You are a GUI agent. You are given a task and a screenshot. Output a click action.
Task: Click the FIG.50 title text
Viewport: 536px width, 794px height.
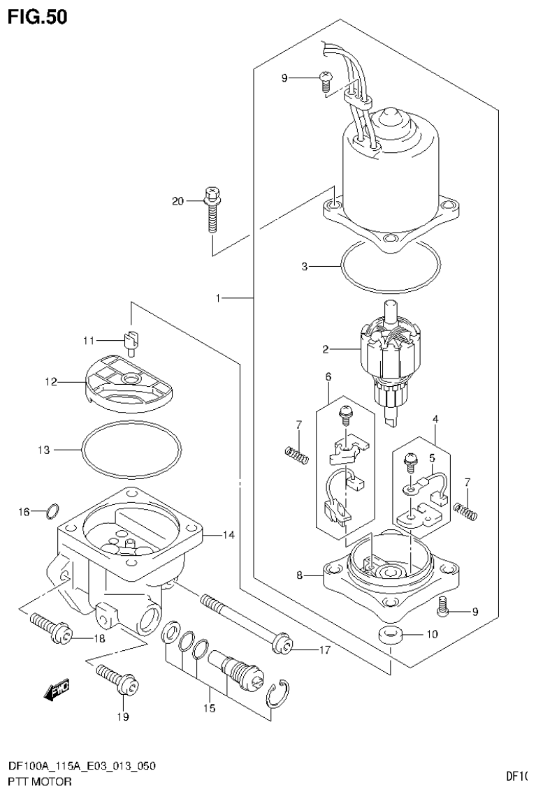pos(38,17)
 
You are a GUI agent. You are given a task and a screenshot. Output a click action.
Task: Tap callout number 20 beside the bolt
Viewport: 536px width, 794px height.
pos(178,202)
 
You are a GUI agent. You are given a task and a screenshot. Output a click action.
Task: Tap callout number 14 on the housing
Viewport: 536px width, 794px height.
pos(228,536)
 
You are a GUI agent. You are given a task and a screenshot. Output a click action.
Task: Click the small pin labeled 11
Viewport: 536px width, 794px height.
pos(133,339)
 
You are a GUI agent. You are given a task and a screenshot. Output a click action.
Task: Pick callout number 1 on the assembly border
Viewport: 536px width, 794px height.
pos(218,298)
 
